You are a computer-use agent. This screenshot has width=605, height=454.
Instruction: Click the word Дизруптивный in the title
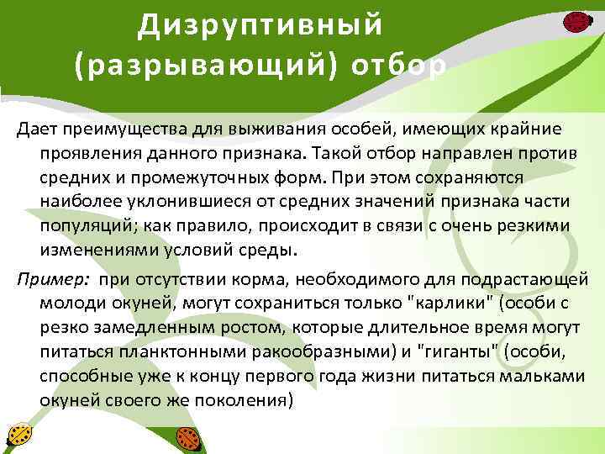click(x=260, y=25)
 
